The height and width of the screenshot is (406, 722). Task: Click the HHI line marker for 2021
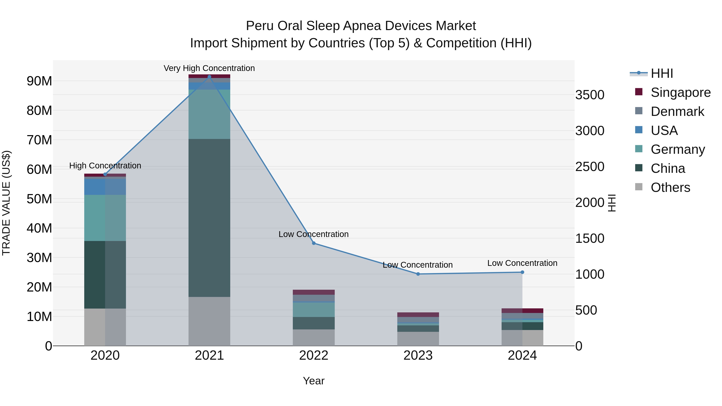pos(209,77)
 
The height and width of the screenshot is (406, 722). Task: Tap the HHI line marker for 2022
pos(314,243)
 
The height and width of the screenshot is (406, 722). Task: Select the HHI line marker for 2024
pos(522,272)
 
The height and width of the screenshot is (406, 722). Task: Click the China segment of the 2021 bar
pos(209,218)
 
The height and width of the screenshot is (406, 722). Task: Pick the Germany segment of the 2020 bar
pos(105,218)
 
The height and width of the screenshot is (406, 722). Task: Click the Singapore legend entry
pos(680,92)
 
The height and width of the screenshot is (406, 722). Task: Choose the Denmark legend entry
pos(677,111)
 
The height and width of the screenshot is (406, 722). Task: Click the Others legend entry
pos(670,187)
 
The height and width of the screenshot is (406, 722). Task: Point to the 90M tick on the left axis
pos(39,81)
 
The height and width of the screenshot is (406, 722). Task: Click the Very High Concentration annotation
pos(209,68)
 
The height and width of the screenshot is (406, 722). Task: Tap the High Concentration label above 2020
pos(105,166)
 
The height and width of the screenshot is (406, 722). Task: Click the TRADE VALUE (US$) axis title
pos(6,203)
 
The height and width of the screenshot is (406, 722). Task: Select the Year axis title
pos(314,381)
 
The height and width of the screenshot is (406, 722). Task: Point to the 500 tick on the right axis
pos(586,310)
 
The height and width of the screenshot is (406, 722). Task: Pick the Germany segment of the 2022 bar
pos(314,310)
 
